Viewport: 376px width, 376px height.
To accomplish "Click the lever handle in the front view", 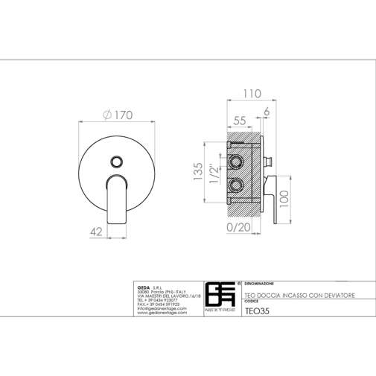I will point(118,197).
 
